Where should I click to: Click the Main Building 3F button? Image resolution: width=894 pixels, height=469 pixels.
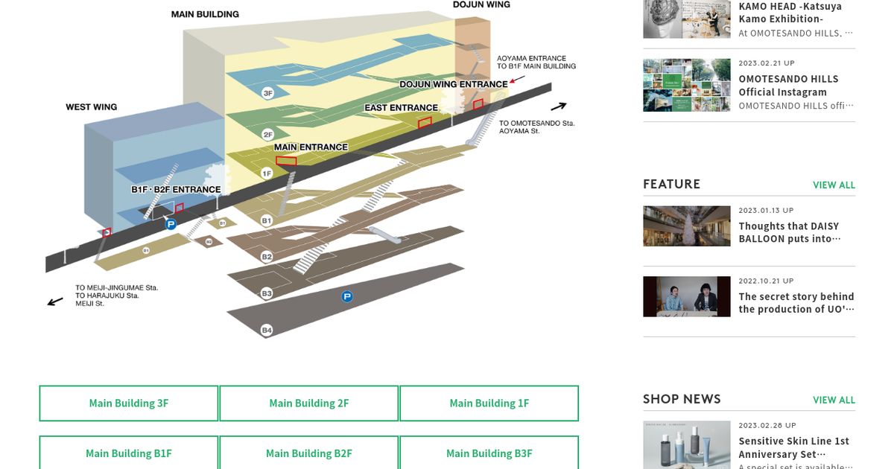click(129, 403)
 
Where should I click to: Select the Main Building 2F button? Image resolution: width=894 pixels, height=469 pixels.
click(308, 403)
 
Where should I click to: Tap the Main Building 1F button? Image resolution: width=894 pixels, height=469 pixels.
click(489, 403)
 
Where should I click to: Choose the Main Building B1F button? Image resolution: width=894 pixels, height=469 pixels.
click(129, 453)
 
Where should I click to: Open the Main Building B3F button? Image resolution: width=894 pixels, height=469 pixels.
click(489, 453)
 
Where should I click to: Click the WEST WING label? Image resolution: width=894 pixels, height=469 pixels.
click(92, 107)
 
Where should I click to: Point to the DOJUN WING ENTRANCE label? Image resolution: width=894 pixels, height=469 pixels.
click(453, 84)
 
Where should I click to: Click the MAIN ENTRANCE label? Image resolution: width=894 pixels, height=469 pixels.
click(311, 147)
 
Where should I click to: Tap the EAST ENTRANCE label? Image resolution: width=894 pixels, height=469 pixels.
click(401, 108)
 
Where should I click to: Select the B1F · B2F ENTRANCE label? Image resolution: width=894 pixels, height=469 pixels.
click(176, 190)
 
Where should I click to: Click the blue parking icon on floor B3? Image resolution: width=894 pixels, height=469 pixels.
click(346, 297)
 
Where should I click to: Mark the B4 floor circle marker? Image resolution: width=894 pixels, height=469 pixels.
click(267, 330)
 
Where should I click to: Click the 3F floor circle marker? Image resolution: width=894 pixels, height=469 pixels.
click(268, 93)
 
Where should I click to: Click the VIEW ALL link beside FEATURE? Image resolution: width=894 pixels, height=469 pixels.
click(834, 185)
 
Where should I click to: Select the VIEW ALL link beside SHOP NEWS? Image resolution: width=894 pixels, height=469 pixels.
click(834, 400)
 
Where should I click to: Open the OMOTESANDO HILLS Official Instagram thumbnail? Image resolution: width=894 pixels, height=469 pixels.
click(687, 85)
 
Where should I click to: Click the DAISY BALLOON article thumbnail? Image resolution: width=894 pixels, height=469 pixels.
click(687, 226)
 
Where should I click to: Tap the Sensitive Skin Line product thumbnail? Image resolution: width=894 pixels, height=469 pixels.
click(687, 444)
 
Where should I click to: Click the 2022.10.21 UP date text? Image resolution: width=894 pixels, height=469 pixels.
click(766, 281)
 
